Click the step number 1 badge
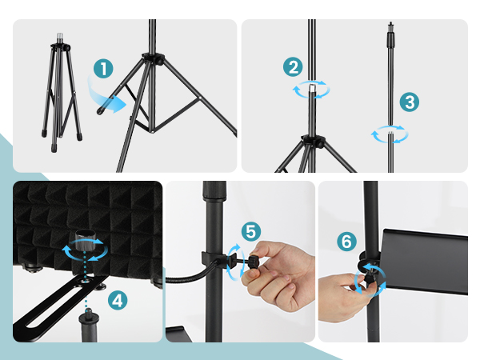coord(103,68)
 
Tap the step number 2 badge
coord(293,67)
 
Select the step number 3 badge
coord(410,102)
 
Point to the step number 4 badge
coord(118,300)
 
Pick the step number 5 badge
coord(251,232)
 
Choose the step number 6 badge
coord(347,242)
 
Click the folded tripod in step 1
coord(62,93)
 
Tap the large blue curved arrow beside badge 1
coord(106,95)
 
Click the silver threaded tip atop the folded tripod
coord(60,38)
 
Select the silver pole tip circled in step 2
coord(311,89)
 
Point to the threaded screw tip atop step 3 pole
coord(390,27)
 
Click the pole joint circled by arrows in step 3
coord(390,134)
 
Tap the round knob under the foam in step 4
coord(86,239)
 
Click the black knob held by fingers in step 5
coord(253,263)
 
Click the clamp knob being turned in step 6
coord(370,275)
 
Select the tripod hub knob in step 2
coord(321,142)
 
